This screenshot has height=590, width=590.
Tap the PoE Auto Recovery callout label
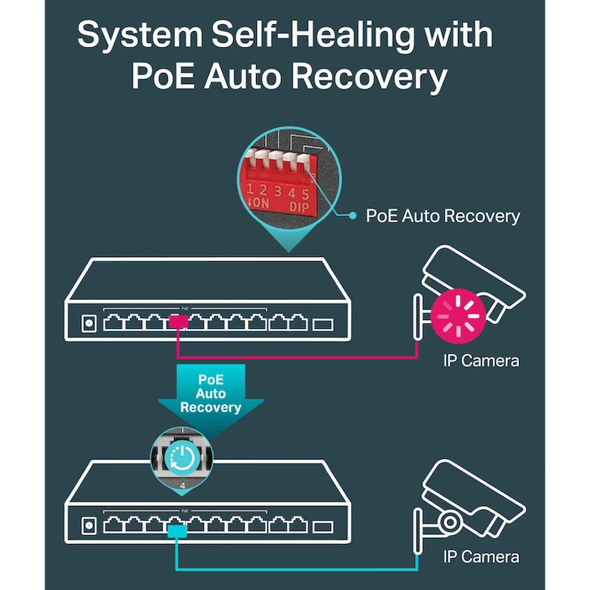coord(443,216)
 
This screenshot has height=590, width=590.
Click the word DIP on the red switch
coord(299,207)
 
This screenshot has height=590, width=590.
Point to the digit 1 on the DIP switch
coord(251,190)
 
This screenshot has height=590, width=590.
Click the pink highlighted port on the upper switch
coord(178,322)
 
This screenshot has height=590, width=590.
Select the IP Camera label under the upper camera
coord(480,360)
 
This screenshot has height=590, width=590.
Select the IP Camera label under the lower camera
coord(480,557)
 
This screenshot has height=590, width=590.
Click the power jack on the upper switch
coord(88,323)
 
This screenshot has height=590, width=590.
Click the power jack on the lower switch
coord(88,526)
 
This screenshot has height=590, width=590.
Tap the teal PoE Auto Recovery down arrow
coord(210,396)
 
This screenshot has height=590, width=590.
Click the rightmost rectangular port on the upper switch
coord(323,324)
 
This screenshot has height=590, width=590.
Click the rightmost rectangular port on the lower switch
coord(323,527)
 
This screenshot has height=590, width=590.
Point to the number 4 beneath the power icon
coord(183,486)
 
